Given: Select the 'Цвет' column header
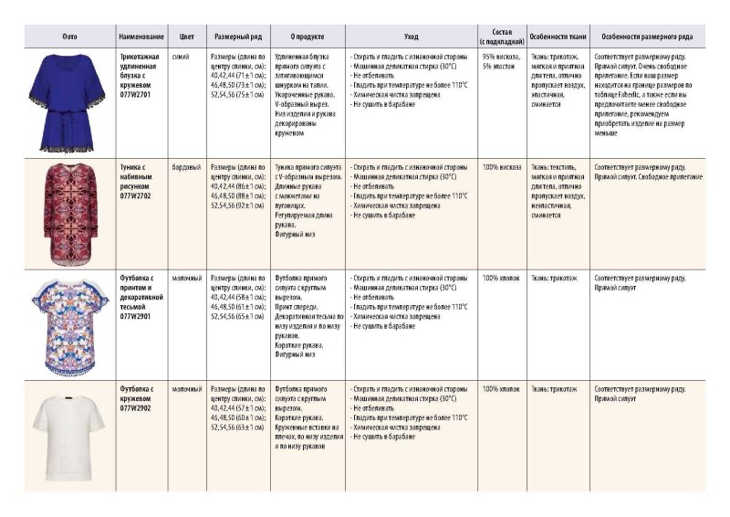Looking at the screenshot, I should coord(187,37).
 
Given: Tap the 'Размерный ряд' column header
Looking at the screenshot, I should coord(237,37).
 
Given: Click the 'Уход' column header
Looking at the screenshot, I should coord(412,37).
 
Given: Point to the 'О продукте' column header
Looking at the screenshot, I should coord(308,37).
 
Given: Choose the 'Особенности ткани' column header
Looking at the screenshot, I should coord(558,37).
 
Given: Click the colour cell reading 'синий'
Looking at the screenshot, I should coord(181,57).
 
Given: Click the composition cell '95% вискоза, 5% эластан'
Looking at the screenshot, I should coord(501,61).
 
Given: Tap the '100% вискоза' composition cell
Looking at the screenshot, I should coord(501,167).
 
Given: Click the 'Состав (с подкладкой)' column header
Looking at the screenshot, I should coord(501,37).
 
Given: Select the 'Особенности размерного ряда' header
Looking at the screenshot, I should coord(647,37).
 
